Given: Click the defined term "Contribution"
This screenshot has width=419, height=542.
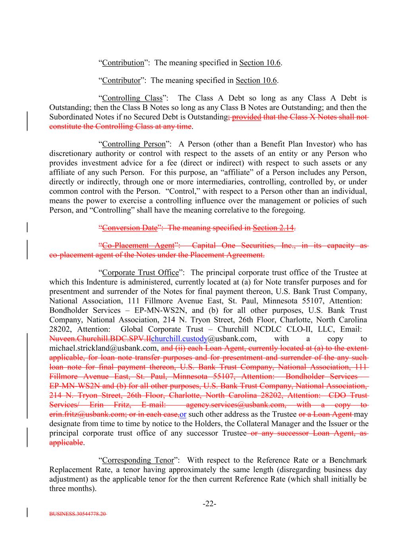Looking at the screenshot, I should point(123,63).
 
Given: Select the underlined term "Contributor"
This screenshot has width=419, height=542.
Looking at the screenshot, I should point(121,81).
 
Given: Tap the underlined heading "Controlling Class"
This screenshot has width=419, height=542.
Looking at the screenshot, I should point(132,98).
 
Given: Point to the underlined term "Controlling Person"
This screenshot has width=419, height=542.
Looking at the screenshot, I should point(133,144).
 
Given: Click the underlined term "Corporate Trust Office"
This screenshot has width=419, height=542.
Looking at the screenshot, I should point(140,273).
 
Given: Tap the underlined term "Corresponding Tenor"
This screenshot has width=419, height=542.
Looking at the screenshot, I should point(138,460).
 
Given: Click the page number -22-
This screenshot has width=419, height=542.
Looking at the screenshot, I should point(209,504).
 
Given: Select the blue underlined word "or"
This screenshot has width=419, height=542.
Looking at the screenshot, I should point(183,415).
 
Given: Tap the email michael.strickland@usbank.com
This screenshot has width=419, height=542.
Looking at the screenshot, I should point(104,348).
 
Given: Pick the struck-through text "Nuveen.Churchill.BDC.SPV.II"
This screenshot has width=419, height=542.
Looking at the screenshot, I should point(100,339).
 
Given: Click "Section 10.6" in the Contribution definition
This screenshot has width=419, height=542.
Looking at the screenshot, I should point(260,63).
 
